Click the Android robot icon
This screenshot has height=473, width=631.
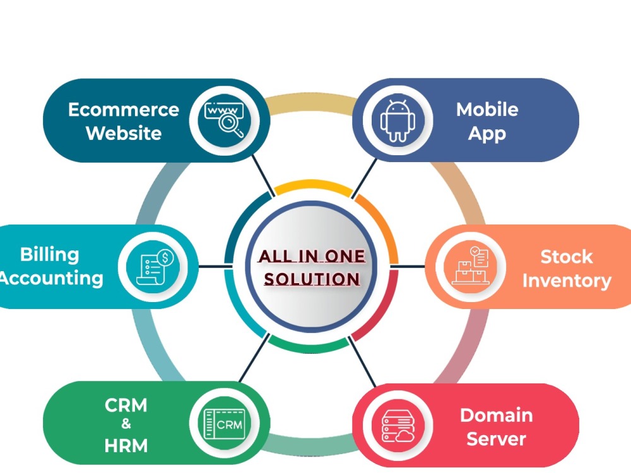pos(398,120)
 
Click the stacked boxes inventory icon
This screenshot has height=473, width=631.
pos(471,266)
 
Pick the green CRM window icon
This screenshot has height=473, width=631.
pos(225,424)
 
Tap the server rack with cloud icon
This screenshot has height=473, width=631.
pos(398,426)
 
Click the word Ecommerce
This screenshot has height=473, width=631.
pos(124,109)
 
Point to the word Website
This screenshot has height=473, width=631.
pos(124,133)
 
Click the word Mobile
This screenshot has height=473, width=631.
pos(487,109)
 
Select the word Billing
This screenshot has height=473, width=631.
pos(49,255)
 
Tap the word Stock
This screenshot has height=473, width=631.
pos(567,257)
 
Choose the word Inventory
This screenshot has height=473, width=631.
pos(567,281)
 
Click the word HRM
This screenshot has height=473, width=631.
pos(126,446)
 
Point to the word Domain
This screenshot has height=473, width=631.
pos(496,415)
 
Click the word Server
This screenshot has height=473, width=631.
pos(496,439)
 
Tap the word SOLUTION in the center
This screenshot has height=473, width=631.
pos(312,279)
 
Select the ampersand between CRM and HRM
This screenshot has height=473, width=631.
pos(126,424)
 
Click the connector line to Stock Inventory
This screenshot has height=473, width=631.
pos(407,266)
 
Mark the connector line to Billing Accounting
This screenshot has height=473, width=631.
pos(216,266)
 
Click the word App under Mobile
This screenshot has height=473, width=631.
pos(487,134)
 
